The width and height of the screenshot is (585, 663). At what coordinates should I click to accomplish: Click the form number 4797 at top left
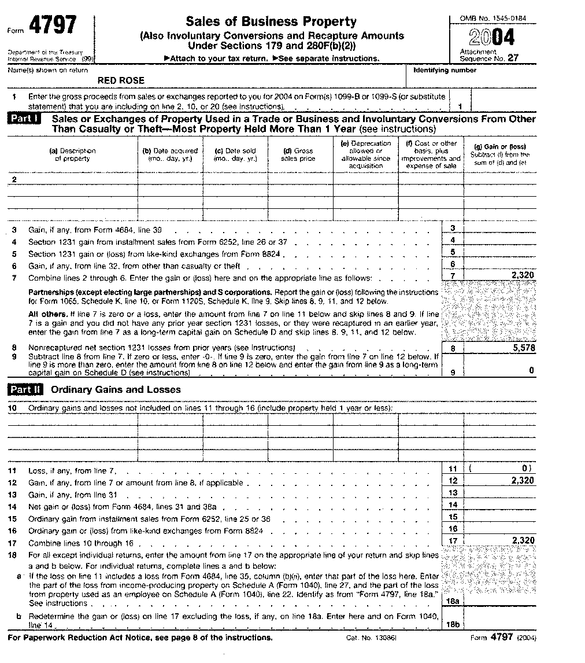(53, 26)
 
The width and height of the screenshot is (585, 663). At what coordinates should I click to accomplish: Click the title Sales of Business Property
(271, 22)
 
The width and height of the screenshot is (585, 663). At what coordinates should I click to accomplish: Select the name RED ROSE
(121, 80)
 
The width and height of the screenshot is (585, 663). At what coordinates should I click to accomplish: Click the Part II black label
(26, 389)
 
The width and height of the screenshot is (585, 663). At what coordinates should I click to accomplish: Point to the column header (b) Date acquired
(170, 154)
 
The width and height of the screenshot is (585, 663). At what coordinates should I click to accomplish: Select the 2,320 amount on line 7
(523, 275)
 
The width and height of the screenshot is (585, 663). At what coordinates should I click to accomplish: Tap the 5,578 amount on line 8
(523, 348)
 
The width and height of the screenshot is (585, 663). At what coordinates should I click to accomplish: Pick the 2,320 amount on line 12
(523, 480)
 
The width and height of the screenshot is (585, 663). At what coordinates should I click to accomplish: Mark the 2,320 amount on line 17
(523, 540)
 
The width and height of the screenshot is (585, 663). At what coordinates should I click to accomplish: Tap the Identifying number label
(445, 71)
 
